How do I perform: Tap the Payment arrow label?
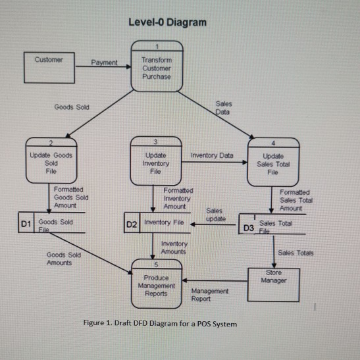pyautogui.click(x=105, y=63)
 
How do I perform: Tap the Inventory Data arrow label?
pyautogui.click(x=211, y=155)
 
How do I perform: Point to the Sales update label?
pyautogui.click(x=216, y=214)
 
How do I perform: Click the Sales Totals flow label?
pyautogui.click(x=296, y=253)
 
